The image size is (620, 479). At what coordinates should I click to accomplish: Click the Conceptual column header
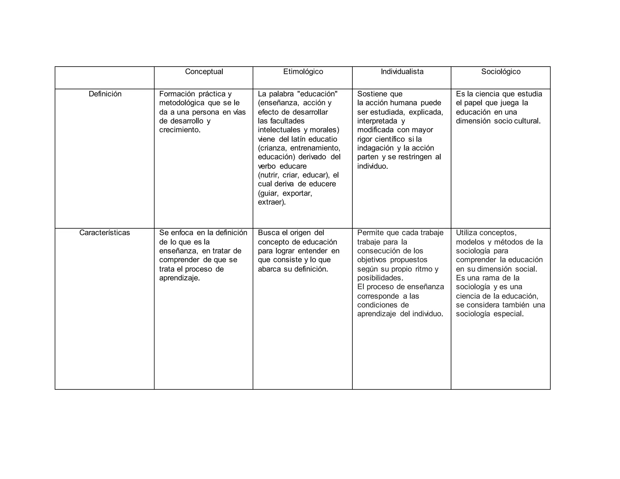pos(204,72)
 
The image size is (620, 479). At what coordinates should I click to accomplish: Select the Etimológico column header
pos(303,72)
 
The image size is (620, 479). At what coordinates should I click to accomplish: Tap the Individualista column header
pos(402,72)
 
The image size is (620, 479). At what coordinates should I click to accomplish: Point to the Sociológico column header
pos(501,72)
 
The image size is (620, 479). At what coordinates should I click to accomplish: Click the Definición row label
pos(105,94)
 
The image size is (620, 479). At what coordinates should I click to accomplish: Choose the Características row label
pos(104,233)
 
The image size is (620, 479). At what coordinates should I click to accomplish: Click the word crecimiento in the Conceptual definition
pos(179,130)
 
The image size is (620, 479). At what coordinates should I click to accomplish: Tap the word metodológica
pos(182,103)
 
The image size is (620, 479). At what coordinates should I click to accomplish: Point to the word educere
pos(323,184)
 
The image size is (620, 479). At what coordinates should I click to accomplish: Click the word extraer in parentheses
pos(271,202)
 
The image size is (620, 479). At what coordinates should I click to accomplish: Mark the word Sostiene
pos(372,94)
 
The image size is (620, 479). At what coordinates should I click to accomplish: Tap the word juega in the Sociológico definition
pos(510,103)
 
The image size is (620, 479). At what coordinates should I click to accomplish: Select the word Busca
pos(269,233)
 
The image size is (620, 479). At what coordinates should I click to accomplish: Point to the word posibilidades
pos(379,278)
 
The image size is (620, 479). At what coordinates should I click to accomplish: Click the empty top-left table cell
pos(104,78)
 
